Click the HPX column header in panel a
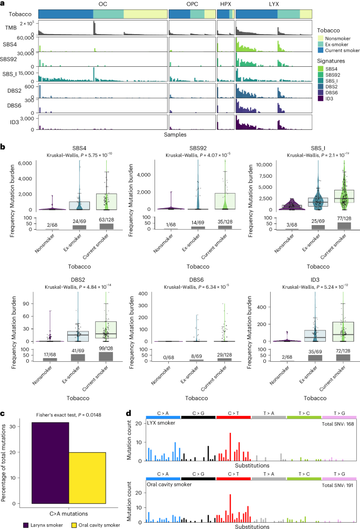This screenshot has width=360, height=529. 225,4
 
